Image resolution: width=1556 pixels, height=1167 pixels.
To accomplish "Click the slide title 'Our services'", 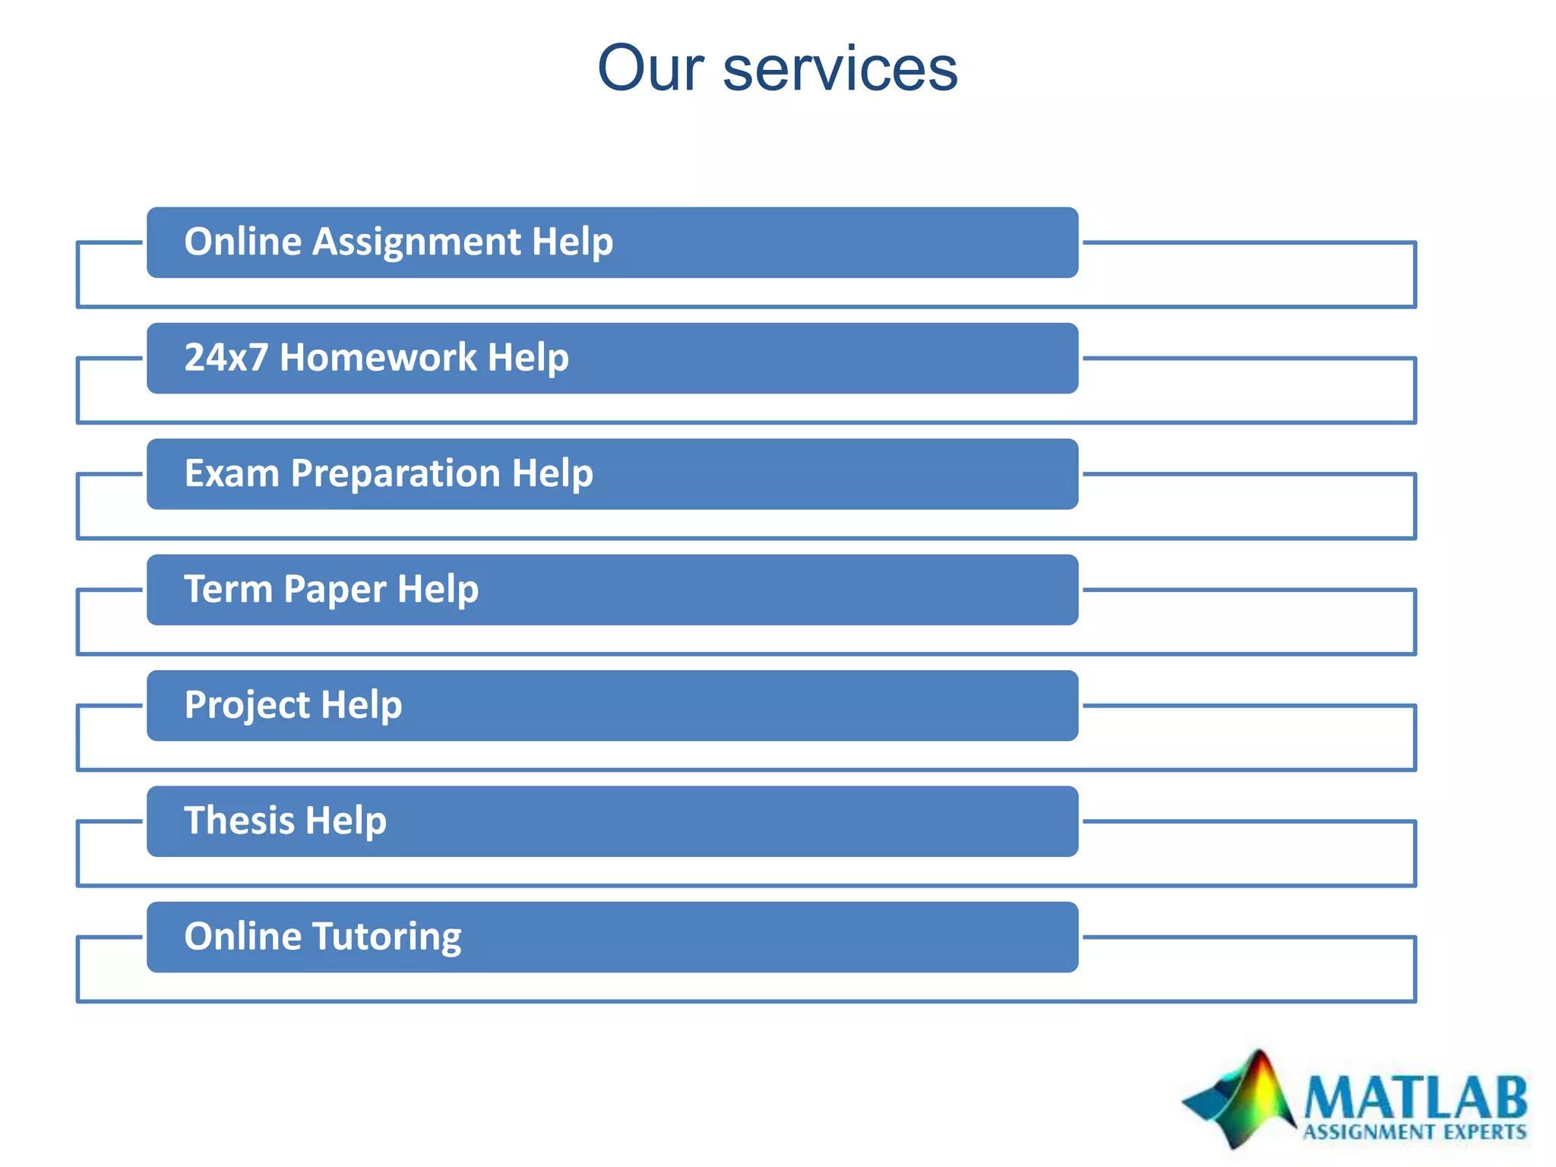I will click(777, 68).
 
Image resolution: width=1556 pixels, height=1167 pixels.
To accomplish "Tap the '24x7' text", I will click(226, 357).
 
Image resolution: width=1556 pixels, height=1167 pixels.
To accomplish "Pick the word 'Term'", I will click(227, 589).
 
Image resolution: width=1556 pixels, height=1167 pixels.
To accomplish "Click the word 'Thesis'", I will click(239, 821).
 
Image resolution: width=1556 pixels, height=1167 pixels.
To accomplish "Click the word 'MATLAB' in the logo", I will click(1415, 1098).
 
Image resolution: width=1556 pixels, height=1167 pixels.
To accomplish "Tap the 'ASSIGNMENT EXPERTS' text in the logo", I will click(1415, 1133).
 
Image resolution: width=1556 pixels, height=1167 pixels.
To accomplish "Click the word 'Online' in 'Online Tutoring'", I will click(242, 936).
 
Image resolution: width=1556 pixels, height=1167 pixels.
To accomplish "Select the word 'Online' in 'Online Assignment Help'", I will click(242, 242).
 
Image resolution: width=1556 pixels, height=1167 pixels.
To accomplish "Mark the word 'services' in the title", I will click(840, 68).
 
